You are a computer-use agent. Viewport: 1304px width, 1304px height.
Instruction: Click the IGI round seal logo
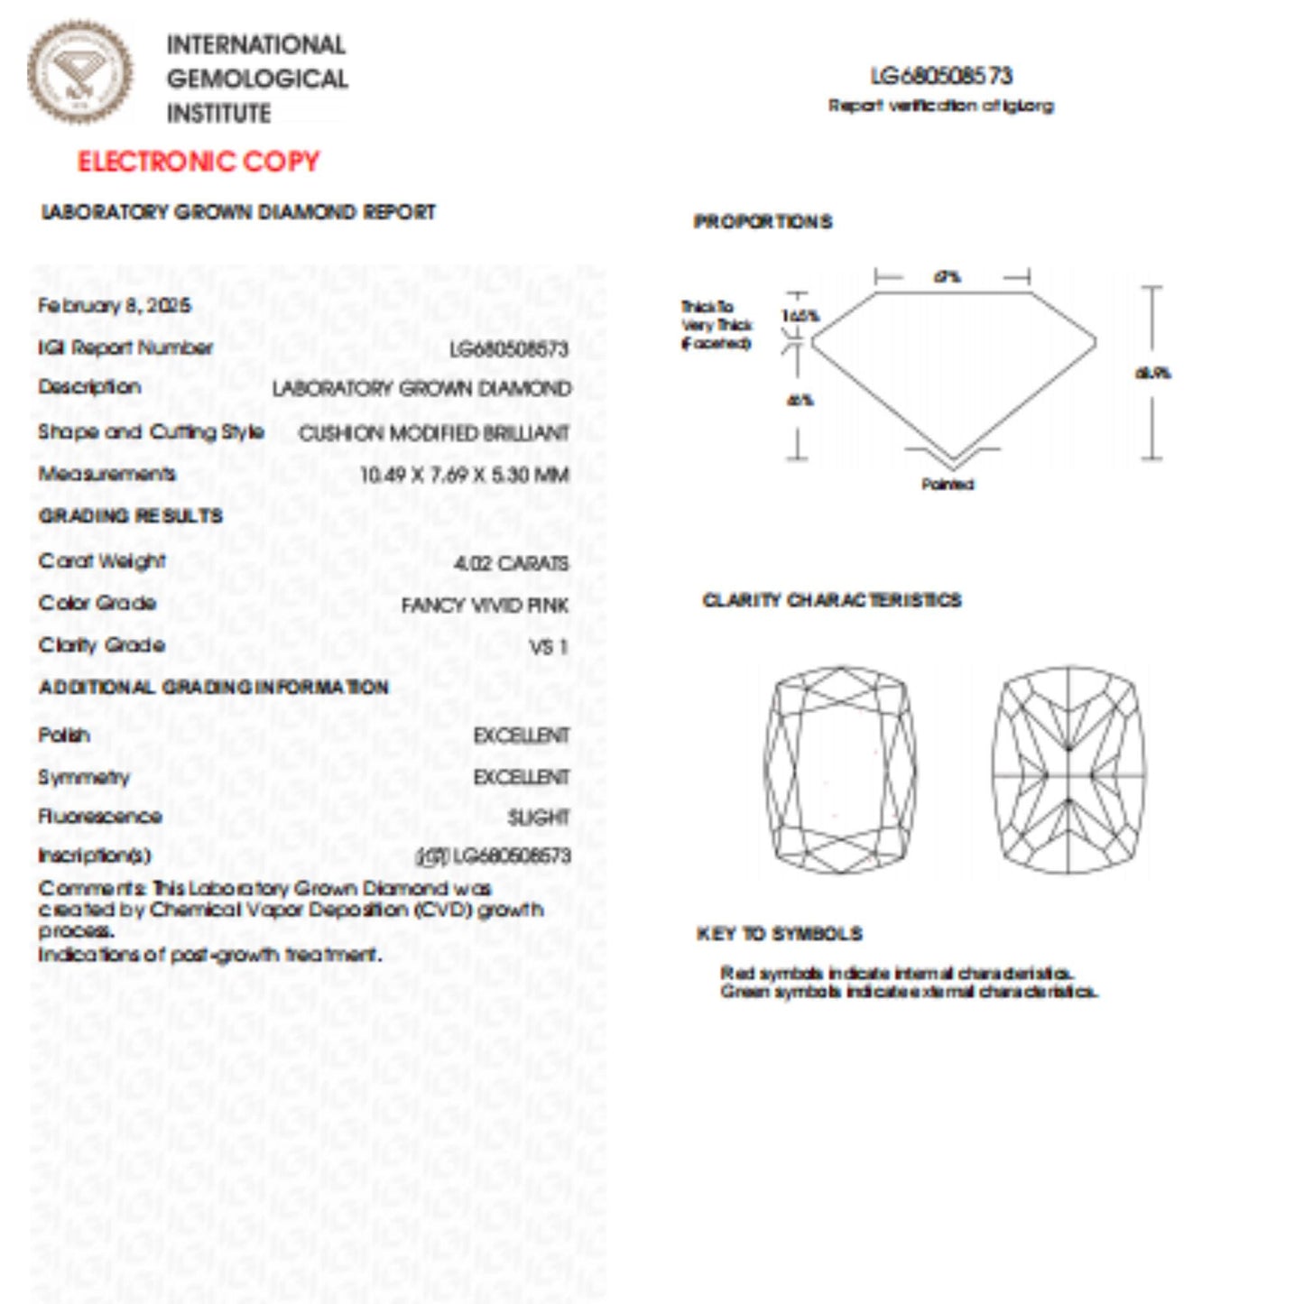(79, 72)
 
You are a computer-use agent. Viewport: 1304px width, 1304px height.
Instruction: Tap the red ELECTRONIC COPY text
(199, 162)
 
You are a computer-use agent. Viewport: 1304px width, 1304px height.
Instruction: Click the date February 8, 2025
(115, 305)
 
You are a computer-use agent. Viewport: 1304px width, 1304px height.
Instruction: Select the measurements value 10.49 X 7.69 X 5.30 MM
(464, 475)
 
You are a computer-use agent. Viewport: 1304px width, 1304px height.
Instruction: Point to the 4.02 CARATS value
(511, 563)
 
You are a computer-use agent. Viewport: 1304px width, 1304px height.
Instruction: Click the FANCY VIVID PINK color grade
(485, 605)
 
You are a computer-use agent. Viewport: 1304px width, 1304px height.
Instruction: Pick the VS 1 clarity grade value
(549, 647)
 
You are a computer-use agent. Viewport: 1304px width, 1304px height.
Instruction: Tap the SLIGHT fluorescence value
(538, 818)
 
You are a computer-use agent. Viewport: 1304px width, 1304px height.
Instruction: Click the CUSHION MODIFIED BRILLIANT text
(434, 433)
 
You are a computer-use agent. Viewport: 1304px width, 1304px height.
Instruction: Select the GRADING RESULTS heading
(131, 516)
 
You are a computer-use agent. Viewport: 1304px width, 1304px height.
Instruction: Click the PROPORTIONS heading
(763, 222)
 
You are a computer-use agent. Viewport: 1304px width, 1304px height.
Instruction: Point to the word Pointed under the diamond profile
(948, 485)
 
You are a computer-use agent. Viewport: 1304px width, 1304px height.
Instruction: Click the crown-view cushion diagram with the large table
(840, 770)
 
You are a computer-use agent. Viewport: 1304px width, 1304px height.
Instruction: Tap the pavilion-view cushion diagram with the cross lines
(1068, 770)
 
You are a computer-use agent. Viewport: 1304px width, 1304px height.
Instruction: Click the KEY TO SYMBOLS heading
(779, 934)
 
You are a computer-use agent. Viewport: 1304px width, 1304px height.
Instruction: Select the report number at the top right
(941, 76)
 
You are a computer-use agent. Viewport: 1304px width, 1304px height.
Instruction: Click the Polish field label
(64, 735)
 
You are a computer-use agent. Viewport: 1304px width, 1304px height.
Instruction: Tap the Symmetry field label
(84, 777)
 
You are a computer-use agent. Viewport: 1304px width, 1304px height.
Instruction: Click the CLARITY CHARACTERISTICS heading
(831, 601)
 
